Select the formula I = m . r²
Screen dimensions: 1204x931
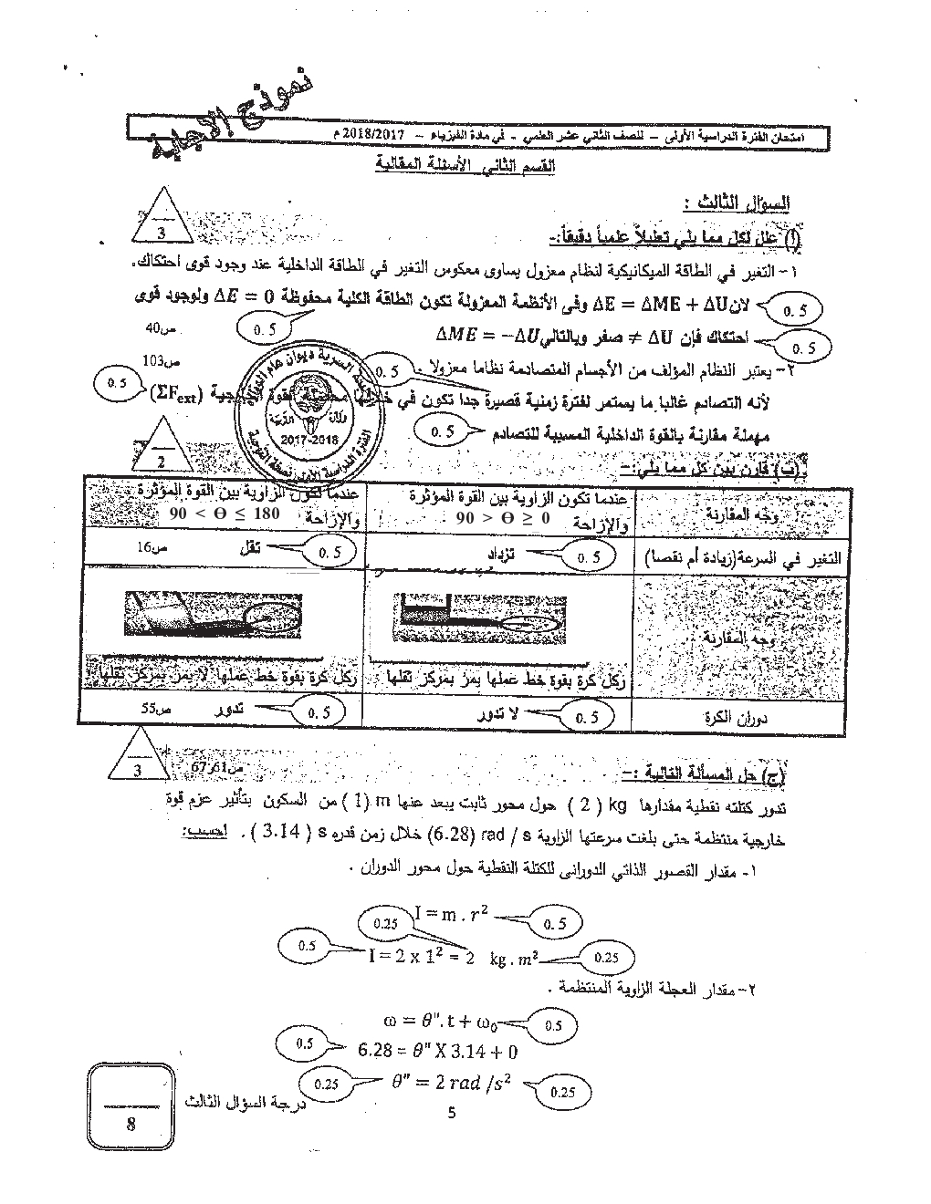pyautogui.click(x=450, y=912)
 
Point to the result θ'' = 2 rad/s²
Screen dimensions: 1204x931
pyautogui.click(x=450, y=1084)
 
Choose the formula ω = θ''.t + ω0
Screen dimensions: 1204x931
pyautogui.click(x=443, y=1019)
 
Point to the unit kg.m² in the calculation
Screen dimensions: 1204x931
pyautogui.click(x=514, y=958)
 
